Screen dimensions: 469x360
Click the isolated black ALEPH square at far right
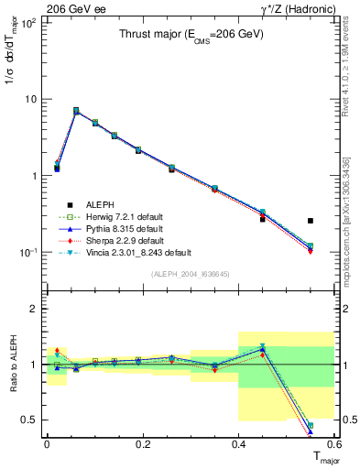point(311,221)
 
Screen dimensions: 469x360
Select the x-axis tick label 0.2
point(142,442)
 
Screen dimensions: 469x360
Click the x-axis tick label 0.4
point(238,442)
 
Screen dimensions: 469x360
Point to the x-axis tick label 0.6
point(333,442)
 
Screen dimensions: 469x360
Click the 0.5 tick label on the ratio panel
point(31,420)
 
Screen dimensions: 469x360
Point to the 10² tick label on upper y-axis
point(29,22)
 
